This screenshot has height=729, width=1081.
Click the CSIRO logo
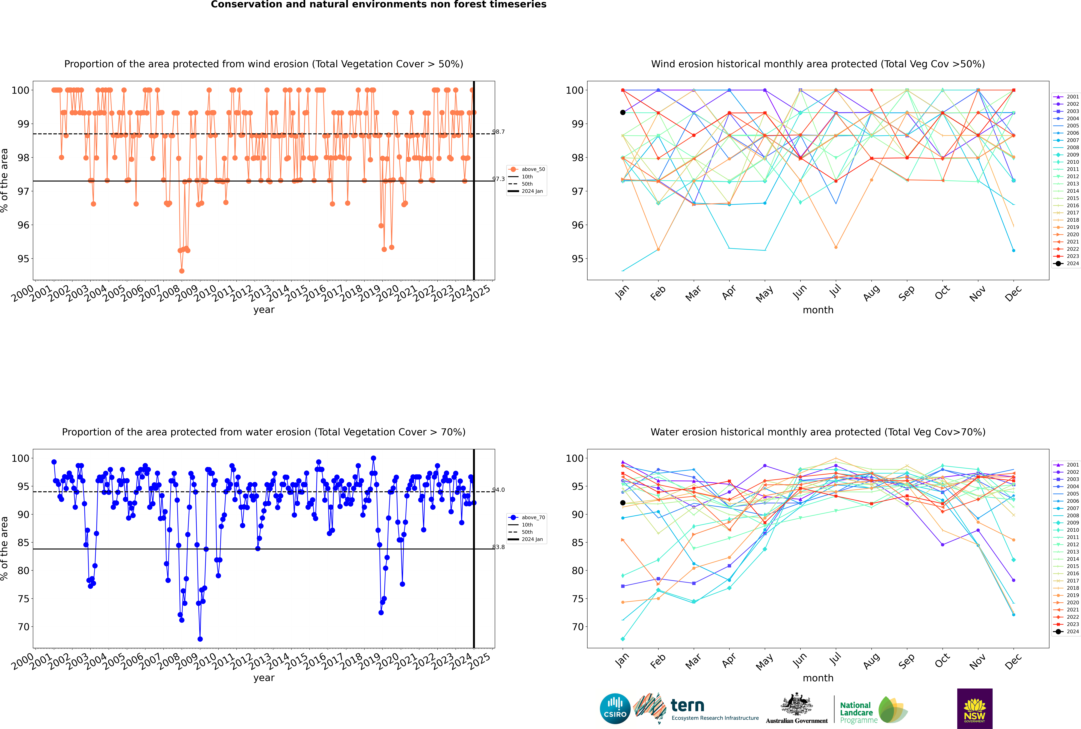click(615, 709)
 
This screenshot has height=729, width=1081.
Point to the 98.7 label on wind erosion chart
click(498, 132)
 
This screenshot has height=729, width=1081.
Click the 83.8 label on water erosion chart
click(498, 547)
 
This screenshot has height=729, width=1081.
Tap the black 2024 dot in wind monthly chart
click(623, 112)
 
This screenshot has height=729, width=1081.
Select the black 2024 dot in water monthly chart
click(623, 503)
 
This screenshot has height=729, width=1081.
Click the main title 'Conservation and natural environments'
click(378, 5)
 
